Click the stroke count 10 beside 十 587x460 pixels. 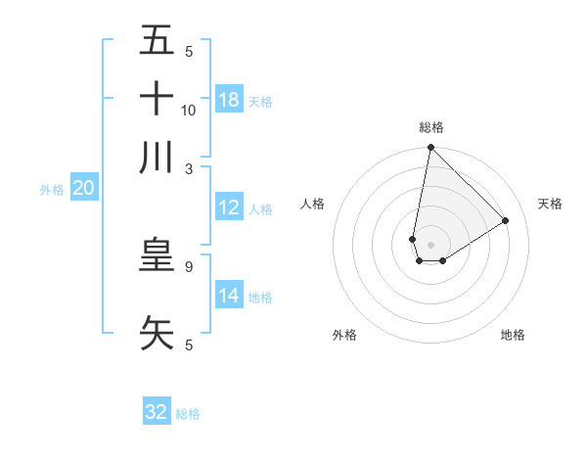click(189, 110)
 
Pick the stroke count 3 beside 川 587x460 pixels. click(189, 168)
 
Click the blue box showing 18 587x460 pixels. click(229, 100)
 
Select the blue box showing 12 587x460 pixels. click(229, 207)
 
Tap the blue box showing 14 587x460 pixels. click(229, 296)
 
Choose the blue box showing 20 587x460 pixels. click(83, 189)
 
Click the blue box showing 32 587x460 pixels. click(157, 412)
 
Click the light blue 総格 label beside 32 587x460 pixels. click(188, 414)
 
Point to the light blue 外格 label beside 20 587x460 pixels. click(52, 190)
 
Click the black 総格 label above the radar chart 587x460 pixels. click(430, 127)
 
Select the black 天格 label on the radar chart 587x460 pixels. click(550, 204)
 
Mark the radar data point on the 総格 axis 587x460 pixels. click(430, 148)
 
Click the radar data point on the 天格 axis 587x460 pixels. click(506, 220)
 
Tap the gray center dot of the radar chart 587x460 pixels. click(430, 245)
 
